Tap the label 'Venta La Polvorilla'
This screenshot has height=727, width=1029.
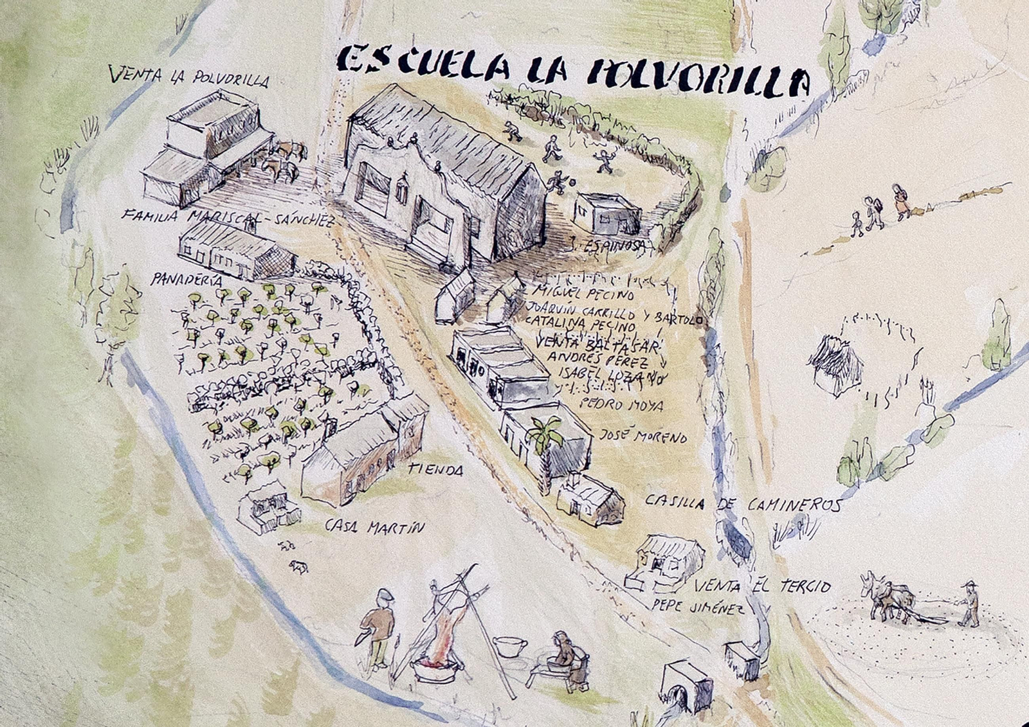(189, 76)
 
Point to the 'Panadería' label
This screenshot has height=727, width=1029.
(187, 280)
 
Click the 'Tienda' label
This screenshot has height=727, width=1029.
(435, 471)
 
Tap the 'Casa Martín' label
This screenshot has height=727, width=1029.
(375, 527)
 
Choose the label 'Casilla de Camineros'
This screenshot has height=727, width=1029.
(743, 503)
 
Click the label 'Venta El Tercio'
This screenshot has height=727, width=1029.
(763, 586)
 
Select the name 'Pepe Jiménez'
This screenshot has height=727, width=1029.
(698, 606)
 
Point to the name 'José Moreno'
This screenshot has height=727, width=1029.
(643, 436)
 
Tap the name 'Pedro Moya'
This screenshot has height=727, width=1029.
(620, 405)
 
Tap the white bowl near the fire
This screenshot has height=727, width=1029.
(511, 645)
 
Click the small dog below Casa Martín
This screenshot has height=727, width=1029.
(298, 566)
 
